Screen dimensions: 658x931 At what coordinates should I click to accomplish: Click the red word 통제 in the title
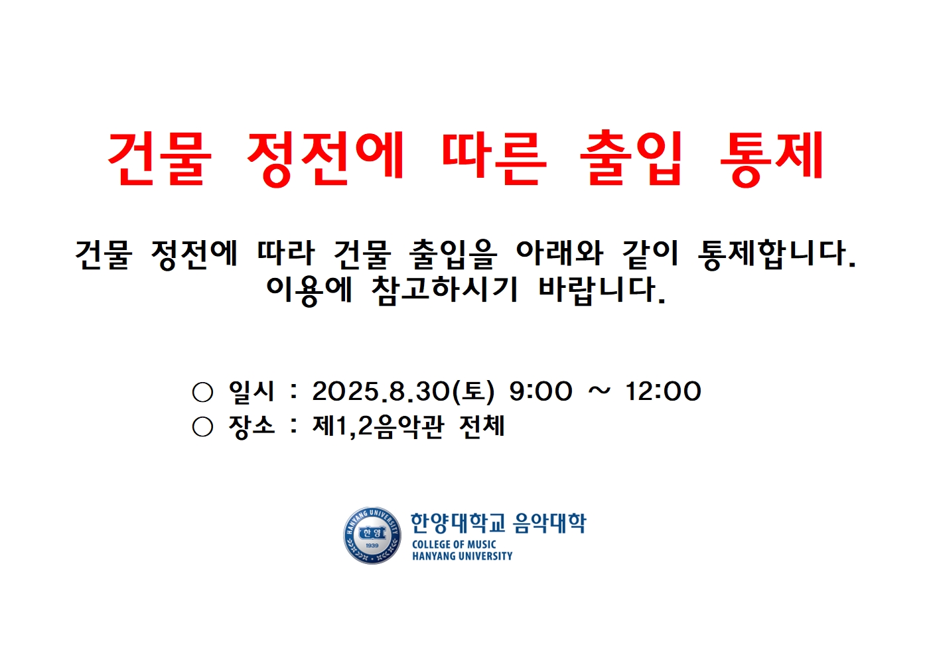772,157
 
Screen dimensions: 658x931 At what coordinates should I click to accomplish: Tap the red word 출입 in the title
631,157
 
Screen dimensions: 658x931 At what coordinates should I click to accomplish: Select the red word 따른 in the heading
494,157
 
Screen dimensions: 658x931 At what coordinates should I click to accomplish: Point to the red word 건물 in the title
159,157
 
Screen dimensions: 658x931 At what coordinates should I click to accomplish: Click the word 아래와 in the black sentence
559,253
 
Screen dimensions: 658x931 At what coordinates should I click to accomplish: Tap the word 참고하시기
444,289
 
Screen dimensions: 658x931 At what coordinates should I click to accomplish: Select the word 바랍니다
601,289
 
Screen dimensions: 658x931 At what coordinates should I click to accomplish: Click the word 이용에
309,289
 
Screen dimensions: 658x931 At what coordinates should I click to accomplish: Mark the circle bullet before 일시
202,392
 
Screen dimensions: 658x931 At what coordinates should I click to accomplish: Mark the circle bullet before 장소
202,427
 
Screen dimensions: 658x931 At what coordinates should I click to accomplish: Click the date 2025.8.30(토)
403,391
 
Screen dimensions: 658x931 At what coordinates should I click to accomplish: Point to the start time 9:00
540,391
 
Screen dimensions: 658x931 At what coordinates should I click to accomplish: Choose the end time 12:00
663,391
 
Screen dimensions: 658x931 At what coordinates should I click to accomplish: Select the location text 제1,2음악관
378,426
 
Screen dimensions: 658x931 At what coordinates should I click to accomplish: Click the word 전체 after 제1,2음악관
482,426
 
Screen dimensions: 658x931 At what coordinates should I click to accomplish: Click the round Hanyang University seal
372,535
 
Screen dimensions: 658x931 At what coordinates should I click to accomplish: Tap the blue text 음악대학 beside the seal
550,523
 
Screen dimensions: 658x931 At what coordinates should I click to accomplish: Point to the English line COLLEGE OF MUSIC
454,545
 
